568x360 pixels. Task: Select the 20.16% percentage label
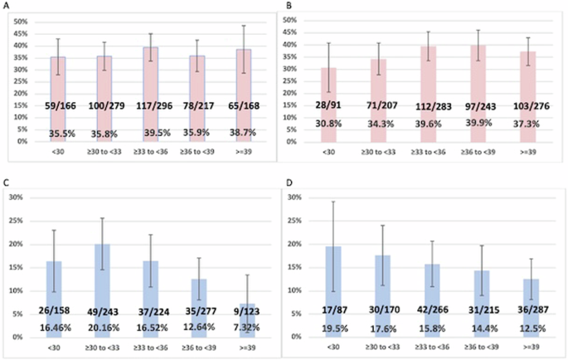(114, 328)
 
